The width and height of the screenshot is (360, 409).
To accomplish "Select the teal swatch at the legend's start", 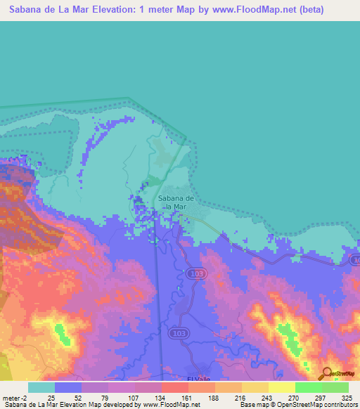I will click(x=41, y=387).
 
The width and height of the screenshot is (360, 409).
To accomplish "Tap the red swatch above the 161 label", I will click(x=174, y=387).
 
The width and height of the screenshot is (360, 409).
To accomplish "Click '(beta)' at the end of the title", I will click(x=307, y=10).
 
